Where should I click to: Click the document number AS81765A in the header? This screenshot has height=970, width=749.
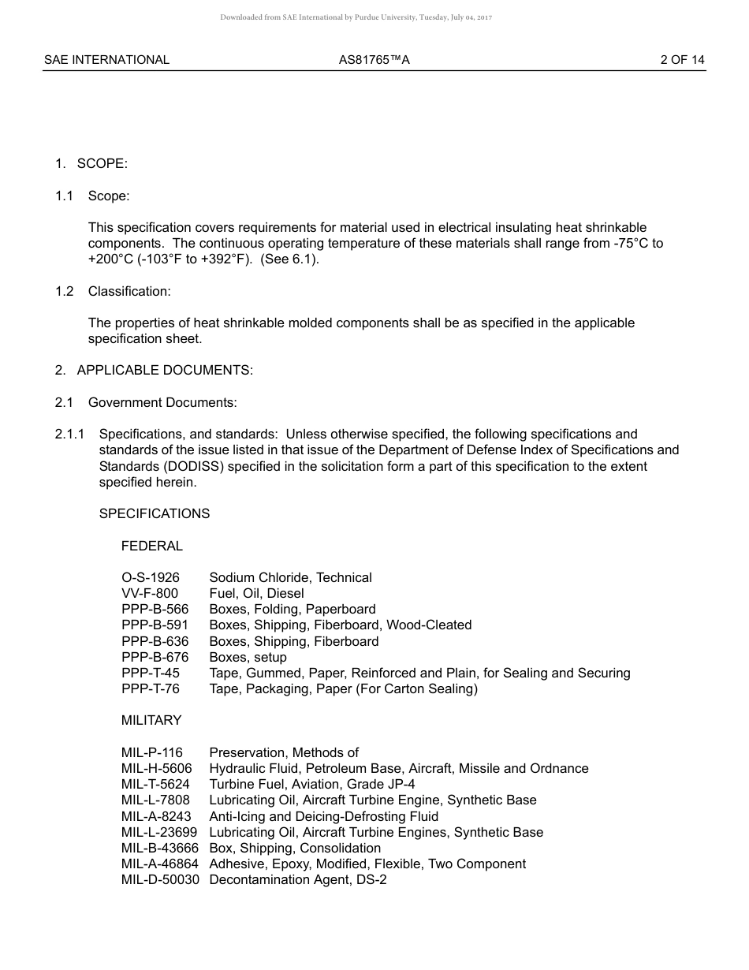[374, 59]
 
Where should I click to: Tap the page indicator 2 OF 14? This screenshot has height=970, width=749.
[682, 59]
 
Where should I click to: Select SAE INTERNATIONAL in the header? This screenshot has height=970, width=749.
[106, 59]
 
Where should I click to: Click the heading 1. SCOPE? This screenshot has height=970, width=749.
[91, 163]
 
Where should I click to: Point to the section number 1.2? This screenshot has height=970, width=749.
[64, 291]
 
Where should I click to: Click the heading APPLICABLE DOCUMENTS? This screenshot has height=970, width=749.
[165, 371]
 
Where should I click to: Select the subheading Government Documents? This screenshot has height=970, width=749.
[162, 402]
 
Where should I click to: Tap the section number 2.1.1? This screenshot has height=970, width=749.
[69, 434]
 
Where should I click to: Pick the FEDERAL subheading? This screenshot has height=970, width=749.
[151, 546]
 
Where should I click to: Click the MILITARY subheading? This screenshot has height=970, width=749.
[151, 720]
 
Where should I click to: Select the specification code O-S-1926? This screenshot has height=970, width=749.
[150, 577]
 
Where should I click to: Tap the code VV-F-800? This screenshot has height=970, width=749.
[150, 593]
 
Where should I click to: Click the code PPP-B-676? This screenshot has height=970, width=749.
[155, 657]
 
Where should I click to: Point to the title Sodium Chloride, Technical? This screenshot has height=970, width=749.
[290, 577]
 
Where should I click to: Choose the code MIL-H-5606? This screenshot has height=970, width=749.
[156, 768]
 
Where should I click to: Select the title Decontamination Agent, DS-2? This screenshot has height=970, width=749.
[298, 879]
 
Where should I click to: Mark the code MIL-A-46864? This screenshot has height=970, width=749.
[160, 864]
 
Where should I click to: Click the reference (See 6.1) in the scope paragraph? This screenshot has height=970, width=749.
[289, 259]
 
